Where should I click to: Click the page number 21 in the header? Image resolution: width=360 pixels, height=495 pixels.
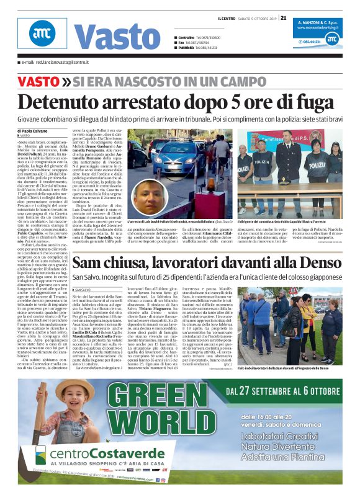point(284,17)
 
